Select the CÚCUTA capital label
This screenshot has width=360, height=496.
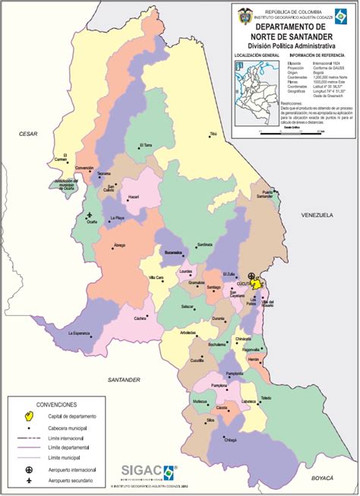pyautogui.click(x=245, y=282)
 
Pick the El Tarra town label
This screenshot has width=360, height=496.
pyautogui.click(x=146, y=144)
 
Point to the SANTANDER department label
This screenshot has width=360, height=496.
pyautogui.click(x=124, y=379)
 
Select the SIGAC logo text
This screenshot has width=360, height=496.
pyautogui.click(x=141, y=472)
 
